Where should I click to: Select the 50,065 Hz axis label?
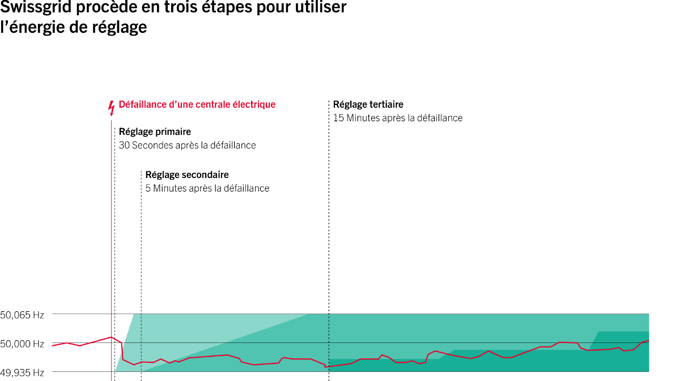pos(22,315)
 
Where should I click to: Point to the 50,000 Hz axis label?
pos(22,344)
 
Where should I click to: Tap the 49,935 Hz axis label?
pos(22,373)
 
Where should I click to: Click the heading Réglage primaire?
pos(155,132)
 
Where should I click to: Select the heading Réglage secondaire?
pos(187,175)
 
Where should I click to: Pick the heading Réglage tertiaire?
pos(368,104)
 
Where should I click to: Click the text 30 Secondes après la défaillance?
pos(188,146)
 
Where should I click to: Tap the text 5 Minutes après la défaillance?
pos(207,188)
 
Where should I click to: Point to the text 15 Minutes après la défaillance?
pos(398,118)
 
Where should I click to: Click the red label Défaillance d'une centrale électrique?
pos(197,104)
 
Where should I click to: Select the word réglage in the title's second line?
pos(119,27)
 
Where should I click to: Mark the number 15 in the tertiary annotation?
pos(338,118)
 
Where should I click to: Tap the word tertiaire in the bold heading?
pos(387,104)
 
